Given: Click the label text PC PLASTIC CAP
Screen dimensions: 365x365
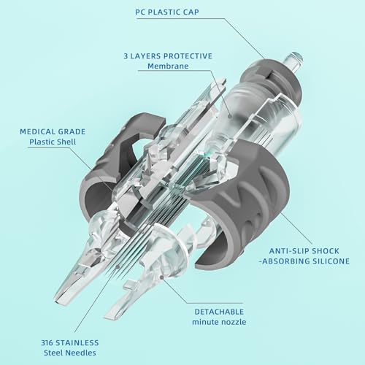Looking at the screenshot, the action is tap(167, 12).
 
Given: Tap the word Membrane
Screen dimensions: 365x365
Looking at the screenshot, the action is tap(168, 66).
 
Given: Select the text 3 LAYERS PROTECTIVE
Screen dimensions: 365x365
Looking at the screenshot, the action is tap(168, 56).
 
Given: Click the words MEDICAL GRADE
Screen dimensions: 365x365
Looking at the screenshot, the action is tap(53, 131).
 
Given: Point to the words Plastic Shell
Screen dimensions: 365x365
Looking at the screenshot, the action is tap(53, 142).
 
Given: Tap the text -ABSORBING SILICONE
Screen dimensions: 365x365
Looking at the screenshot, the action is tap(304, 261).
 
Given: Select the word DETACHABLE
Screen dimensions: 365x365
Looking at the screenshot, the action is tap(219, 312).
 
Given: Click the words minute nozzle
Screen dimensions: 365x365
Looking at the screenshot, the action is tap(219, 322).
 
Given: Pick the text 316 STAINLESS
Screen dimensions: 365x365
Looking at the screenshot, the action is tap(70, 342).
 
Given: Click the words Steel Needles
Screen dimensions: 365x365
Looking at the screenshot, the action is tap(70, 353).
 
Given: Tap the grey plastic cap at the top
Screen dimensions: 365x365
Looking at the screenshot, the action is tap(272, 79).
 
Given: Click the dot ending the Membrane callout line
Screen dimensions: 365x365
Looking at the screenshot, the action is tap(230, 116).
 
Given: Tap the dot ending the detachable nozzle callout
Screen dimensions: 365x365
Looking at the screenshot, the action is tap(161, 277).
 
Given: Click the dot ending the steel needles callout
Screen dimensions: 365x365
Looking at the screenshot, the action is tap(118, 267).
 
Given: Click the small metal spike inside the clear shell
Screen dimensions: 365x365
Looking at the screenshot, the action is tap(148, 164).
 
